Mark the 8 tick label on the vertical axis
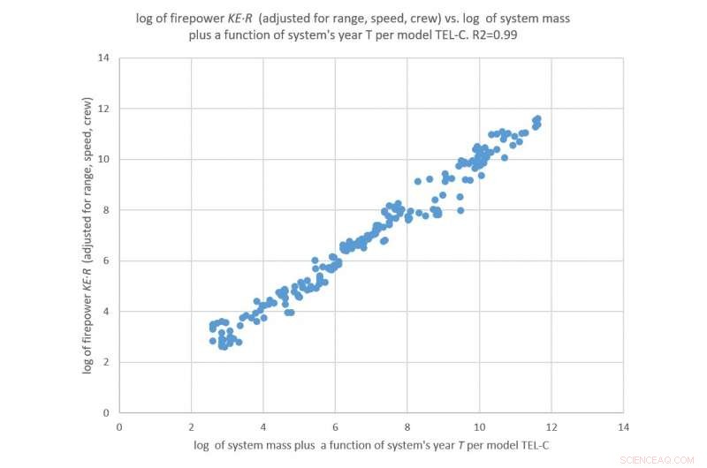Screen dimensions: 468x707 pyautogui.click(x=105, y=210)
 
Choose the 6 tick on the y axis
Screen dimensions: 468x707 pyautogui.click(x=105, y=260)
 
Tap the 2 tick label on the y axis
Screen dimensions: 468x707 pyautogui.click(x=105, y=362)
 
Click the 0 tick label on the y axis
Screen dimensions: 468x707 pyautogui.click(x=105, y=412)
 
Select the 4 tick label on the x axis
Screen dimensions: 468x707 pyautogui.click(x=262, y=426)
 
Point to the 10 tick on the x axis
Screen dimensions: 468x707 pyautogui.click(x=479, y=426)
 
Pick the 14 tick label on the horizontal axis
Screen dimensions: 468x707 pyautogui.click(x=623, y=426)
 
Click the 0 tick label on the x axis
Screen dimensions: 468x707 pyautogui.click(x=119, y=426)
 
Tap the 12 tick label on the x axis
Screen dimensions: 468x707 pyautogui.click(x=551, y=426)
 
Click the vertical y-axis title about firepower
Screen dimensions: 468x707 pyautogui.click(x=88, y=234)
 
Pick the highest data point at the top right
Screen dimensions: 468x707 pyautogui.click(x=537, y=118)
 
